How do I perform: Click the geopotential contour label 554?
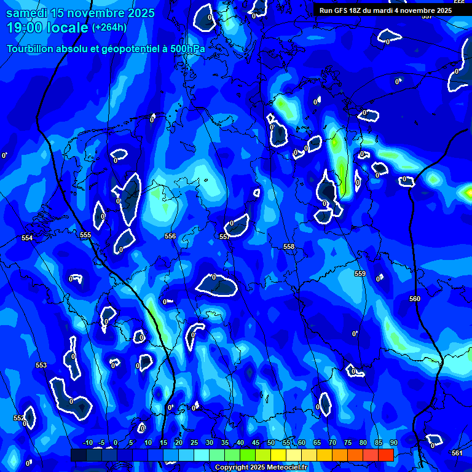[26, 238]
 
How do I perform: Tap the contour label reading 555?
[85, 235]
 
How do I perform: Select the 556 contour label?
[170, 236]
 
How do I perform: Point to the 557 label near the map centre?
[224, 237]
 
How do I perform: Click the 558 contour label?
[289, 246]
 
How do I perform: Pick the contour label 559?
[360, 273]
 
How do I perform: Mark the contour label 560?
[415, 299]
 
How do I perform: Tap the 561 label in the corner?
[457, 453]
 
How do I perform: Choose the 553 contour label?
[41, 365]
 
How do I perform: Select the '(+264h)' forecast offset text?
[109, 28]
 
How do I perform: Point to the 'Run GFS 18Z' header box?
[385, 10]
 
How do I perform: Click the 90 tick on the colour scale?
[393, 443]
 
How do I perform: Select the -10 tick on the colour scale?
[88, 443]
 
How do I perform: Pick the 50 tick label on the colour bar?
[271, 443]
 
